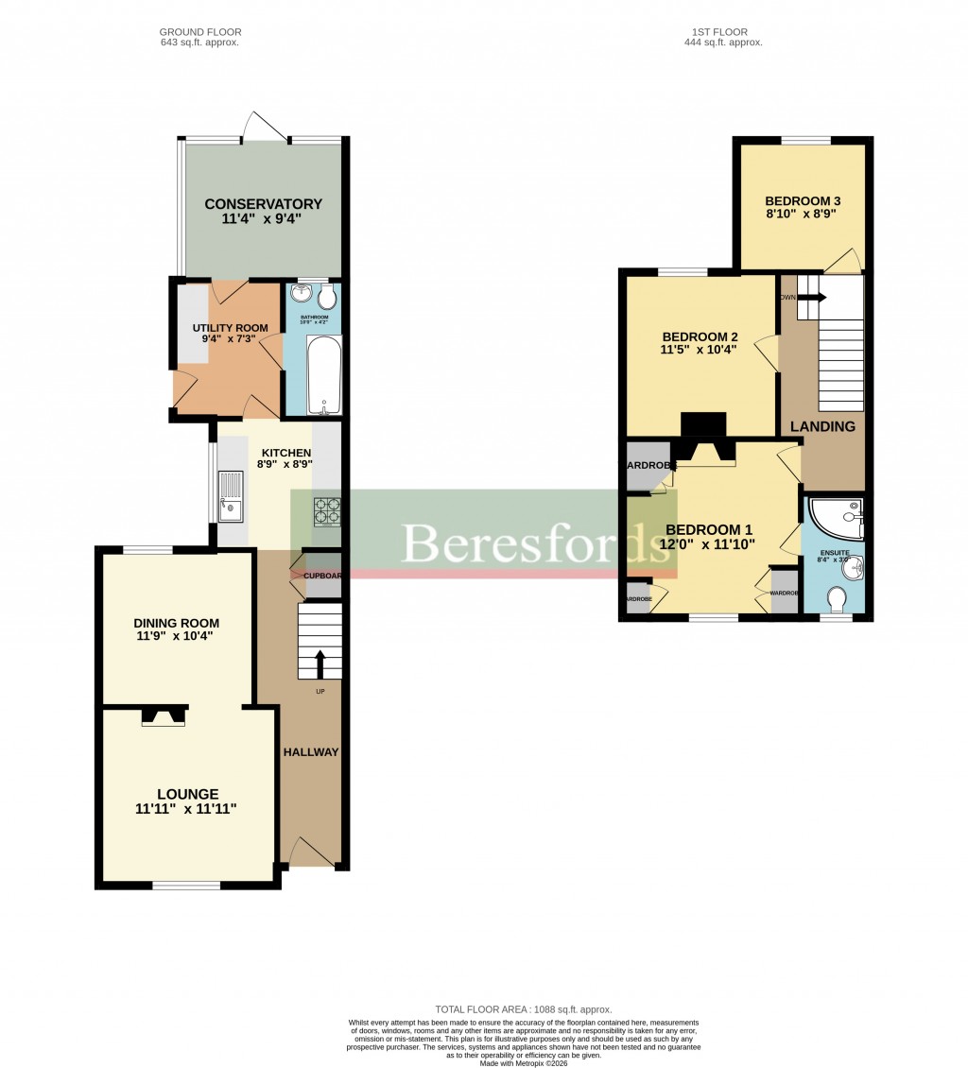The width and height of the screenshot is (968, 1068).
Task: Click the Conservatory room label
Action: click(x=263, y=204)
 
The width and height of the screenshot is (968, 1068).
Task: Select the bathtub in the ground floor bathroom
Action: click(x=323, y=375)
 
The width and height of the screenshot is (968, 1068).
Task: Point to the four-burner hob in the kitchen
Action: click(x=327, y=510)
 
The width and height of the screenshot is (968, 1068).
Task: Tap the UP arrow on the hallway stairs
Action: click(x=320, y=663)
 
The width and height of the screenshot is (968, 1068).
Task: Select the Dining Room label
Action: click(x=176, y=623)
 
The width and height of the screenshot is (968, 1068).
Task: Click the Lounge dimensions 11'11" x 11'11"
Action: click(x=185, y=808)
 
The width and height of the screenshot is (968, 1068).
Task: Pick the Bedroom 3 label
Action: click(x=803, y=201)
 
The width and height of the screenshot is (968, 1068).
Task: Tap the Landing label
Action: click(x=822, y=426)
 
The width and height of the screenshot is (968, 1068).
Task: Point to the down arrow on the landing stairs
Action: click(x=812, y=297)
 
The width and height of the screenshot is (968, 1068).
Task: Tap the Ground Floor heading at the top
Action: click(x=199, y=32)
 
